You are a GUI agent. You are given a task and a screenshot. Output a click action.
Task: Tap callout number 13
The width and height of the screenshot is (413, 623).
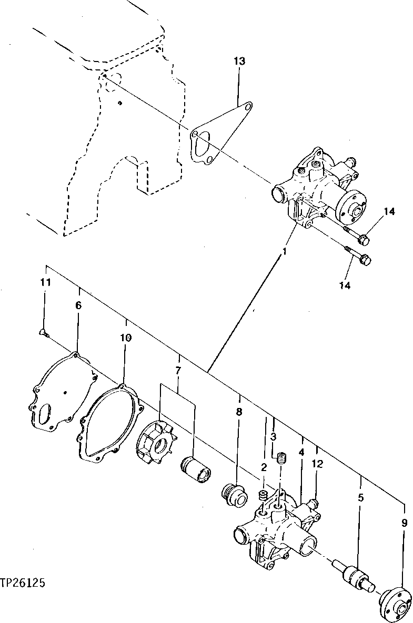click(239, 62)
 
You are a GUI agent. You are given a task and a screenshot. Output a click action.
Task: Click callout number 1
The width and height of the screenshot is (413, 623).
click(284, 252)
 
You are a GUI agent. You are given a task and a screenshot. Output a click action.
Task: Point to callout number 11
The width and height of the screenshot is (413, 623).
click(45, 282)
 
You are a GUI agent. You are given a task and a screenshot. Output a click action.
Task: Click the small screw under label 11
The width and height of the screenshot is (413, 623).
click(43, 332)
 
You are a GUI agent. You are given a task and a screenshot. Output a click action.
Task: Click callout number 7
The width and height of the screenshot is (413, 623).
click(178, 371)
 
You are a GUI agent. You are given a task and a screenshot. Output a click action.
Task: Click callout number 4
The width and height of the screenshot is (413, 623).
click(301, 452)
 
